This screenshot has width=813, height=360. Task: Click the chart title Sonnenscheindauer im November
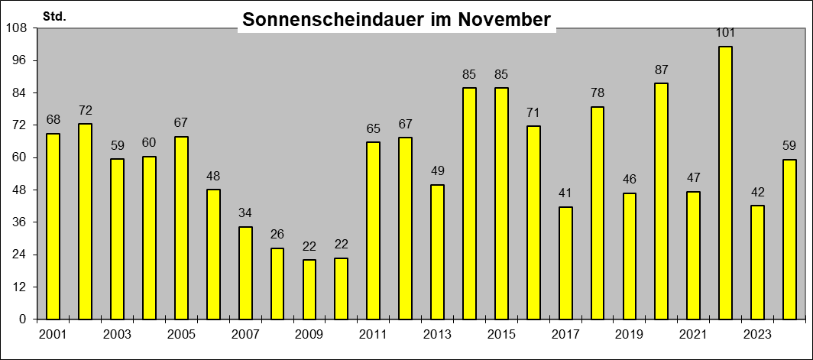pyautogui.click(x=397, y=21)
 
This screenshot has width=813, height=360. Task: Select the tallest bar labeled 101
pyautogui.click(x=726, y=183)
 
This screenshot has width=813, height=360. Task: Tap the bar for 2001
pyautogui.click(x=53, y=226)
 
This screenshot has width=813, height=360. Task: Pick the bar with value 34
pyautogui.click(x=245, y=273)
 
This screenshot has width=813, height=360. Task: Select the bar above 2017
pyautogui.click(x=565, y=263)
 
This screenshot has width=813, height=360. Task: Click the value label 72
pyautogui.click(x=85, y=110)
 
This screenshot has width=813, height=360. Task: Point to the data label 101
pyautogui.click(x=726, y=33)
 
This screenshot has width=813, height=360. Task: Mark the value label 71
pyautogui.click(x=533, y=112)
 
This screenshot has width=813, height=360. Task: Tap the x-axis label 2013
pyautogui.click(x=438, y=334)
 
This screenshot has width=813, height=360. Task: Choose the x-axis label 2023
pyautogui.click(x=758, y=334)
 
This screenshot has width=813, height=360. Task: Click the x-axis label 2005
pyautogui.click(x=181, y=334)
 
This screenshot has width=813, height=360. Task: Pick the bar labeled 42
pyautogui.click(x=758, y=262)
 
